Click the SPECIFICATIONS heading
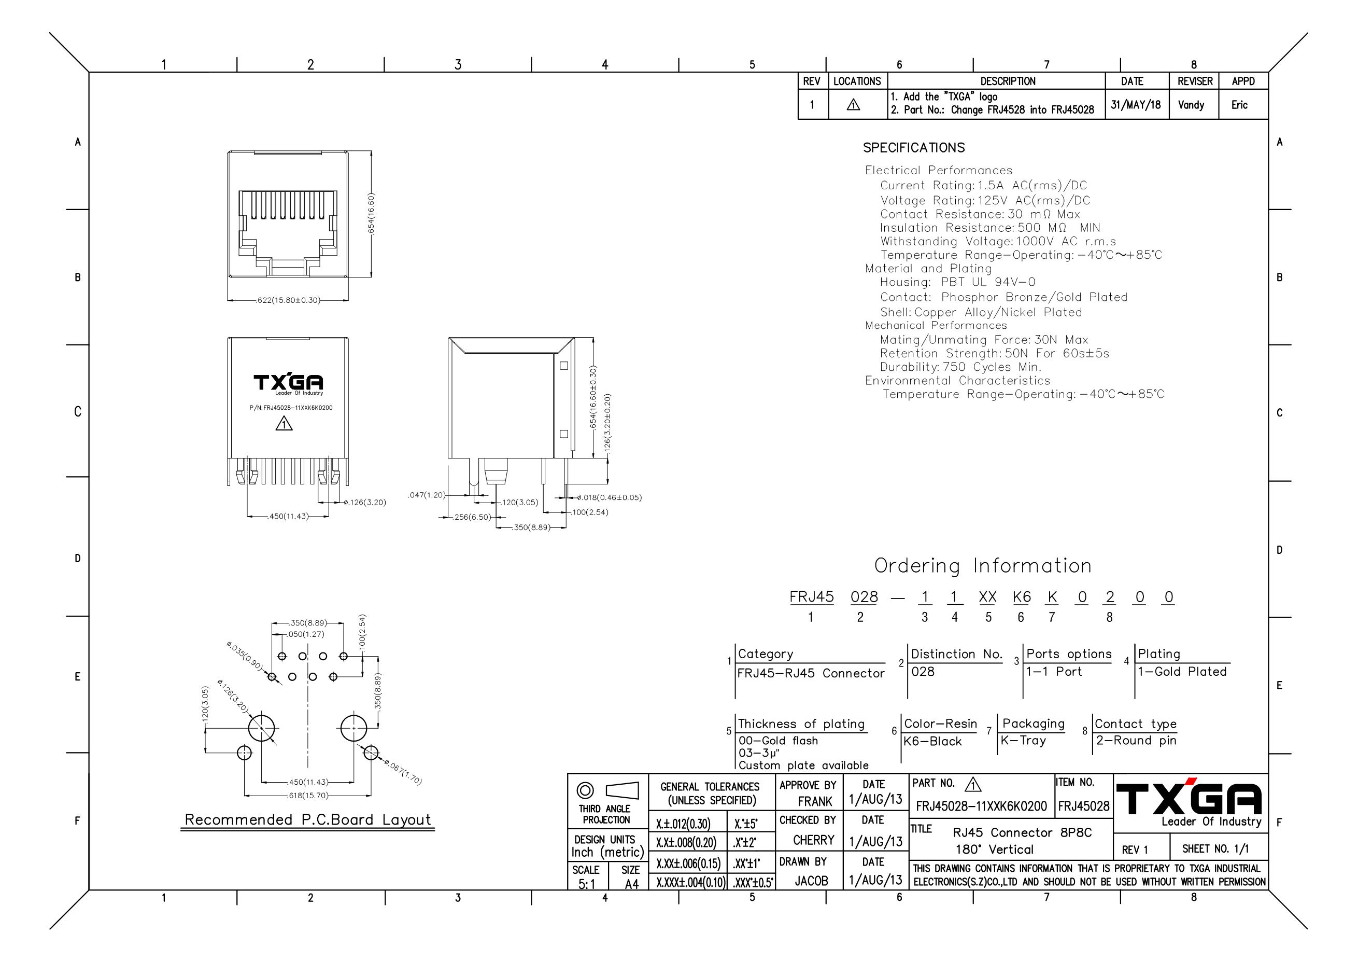pyautogui.click(x=914, y=147)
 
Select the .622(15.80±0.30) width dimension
pyautogui.click(x=288, y=300)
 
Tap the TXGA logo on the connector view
pyautogui.click(x=289, y=383)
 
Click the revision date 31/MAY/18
pyautogui.click(x=1136, y=105)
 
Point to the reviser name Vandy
pyautogui.click(x=1191, y=105)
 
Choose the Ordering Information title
pyautogui.click(x=983, y=566)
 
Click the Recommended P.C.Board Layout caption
pyautogui.click(x=308, y=820)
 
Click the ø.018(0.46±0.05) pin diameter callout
pyautogui.click(x=609, y=498)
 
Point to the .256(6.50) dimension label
pyautogui.click(x=471, y=517)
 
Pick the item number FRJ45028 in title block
pyautogui.click(x=1084, y=806)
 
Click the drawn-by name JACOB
pyautogui.click(x=812, y=881)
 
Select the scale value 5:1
pyautogui.click(x=587, y=884)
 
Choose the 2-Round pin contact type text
pyautogui.click(x=1136, y=741)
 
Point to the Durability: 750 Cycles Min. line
pyautogui.click(x=960, y=367)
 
